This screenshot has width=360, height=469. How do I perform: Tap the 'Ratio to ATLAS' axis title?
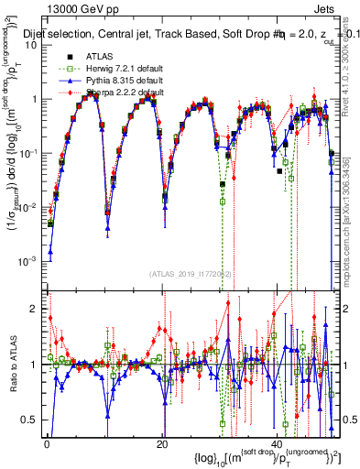11,364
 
